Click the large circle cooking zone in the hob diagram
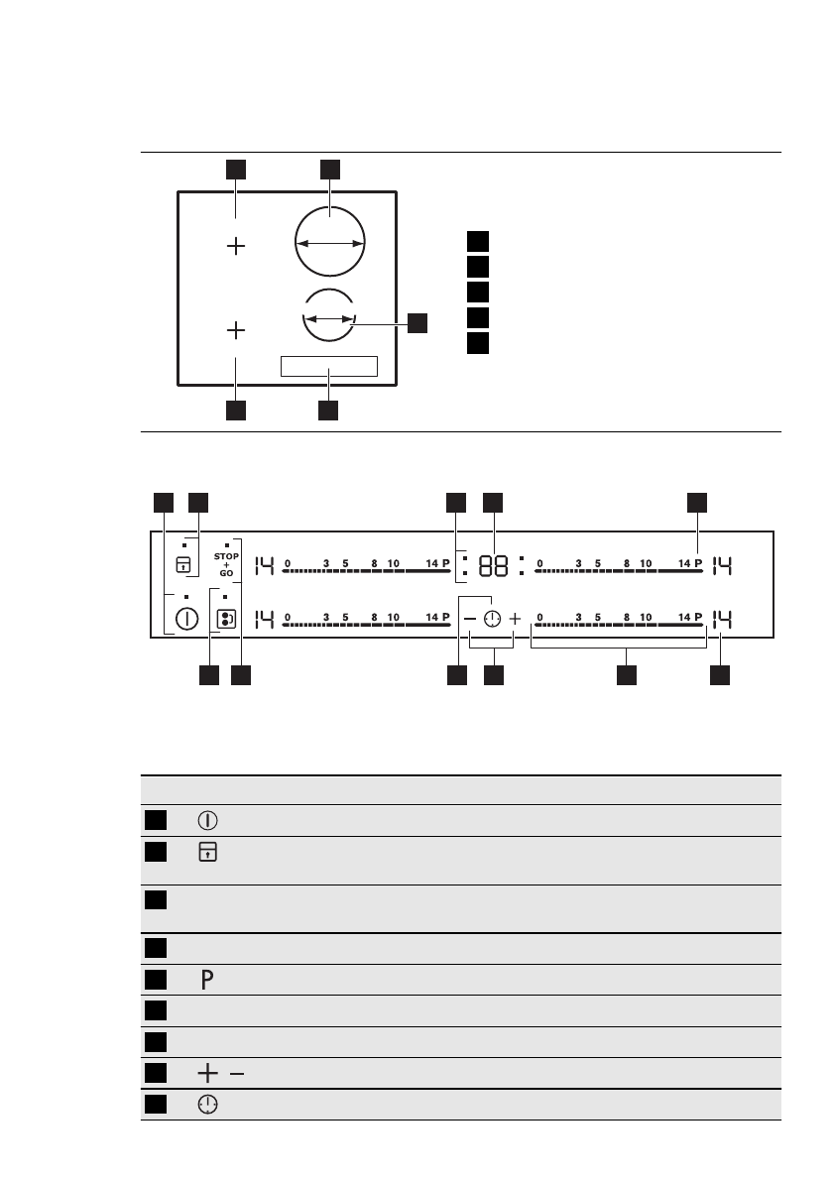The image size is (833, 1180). (330, 242)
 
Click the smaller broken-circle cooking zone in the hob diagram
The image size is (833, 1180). (329, 318)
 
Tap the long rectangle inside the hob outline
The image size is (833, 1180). (329, 366)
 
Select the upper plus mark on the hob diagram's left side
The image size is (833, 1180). (236, 246)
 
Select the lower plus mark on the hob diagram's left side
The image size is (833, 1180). (236, 328)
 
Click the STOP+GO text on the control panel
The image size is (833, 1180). (226, 565)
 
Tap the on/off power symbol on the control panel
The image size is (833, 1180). (185, 620)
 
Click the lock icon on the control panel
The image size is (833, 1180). (182, 565)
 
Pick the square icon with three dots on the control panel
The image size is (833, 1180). (226, 620)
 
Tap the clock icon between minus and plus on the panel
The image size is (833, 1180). (493, 619)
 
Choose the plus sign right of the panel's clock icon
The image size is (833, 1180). (515, 619)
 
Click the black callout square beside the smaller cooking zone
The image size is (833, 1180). (417, 321)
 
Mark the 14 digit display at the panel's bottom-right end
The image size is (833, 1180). (722, 620)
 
